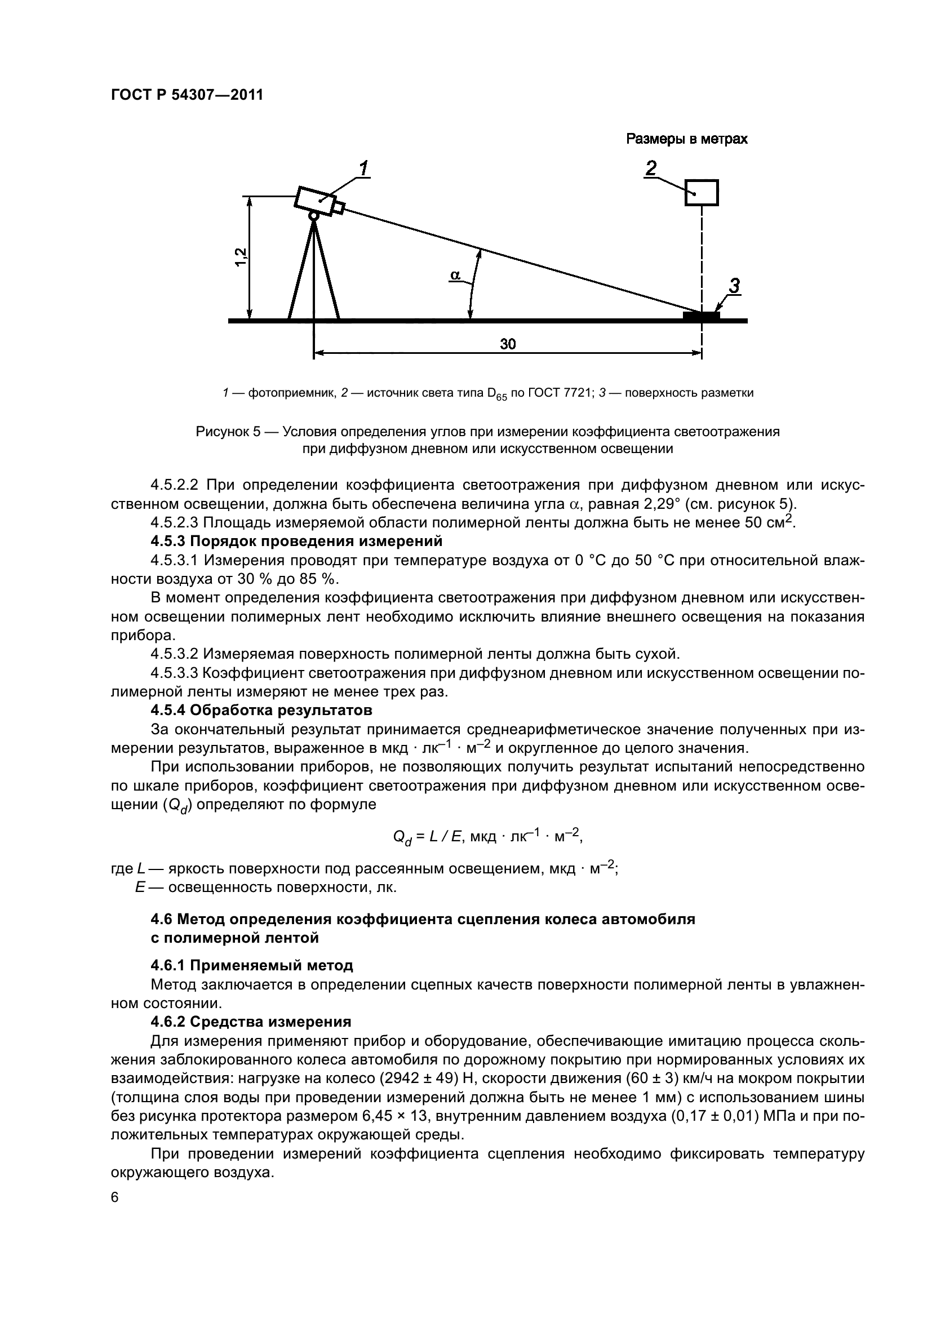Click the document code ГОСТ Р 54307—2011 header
[187, 95]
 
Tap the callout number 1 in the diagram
[363, 169]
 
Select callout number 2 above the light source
[651, 169]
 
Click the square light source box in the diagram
[702, 193]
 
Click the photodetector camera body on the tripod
[315, 202]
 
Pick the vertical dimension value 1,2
[241, 256]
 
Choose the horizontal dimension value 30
[507, 344]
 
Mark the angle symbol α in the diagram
[455, 276]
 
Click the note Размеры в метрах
[686, 139]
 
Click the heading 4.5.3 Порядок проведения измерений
[296, 542]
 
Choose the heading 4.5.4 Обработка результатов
[261, 710]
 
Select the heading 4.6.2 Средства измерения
[251, 1021]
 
